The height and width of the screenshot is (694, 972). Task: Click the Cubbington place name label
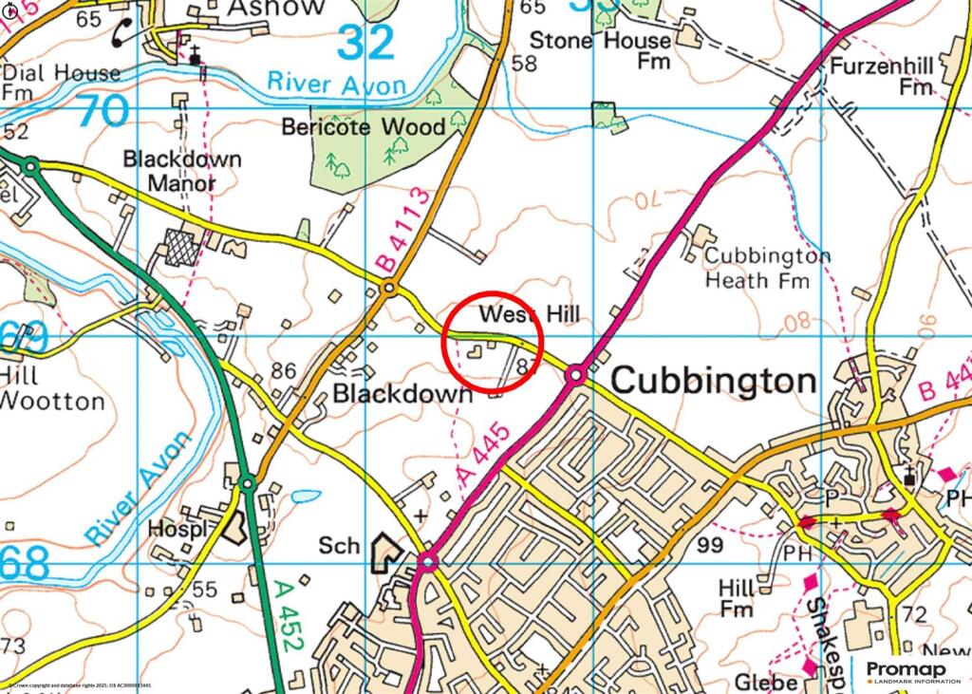point(713,381)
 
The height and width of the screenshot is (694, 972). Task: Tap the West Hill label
point(529,314)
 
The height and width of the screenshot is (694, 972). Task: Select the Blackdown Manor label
point(182,171)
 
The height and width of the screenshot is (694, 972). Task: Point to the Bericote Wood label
point(364,126)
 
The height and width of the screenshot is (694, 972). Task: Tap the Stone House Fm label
point(600,50)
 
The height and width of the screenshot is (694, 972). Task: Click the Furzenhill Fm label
point(880,76)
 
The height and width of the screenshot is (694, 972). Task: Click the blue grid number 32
point(365,43)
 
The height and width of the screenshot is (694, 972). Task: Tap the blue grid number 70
point(102,111)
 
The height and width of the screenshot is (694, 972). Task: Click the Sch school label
point(339,546)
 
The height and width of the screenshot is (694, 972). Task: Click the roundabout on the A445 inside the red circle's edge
point(575,375)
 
